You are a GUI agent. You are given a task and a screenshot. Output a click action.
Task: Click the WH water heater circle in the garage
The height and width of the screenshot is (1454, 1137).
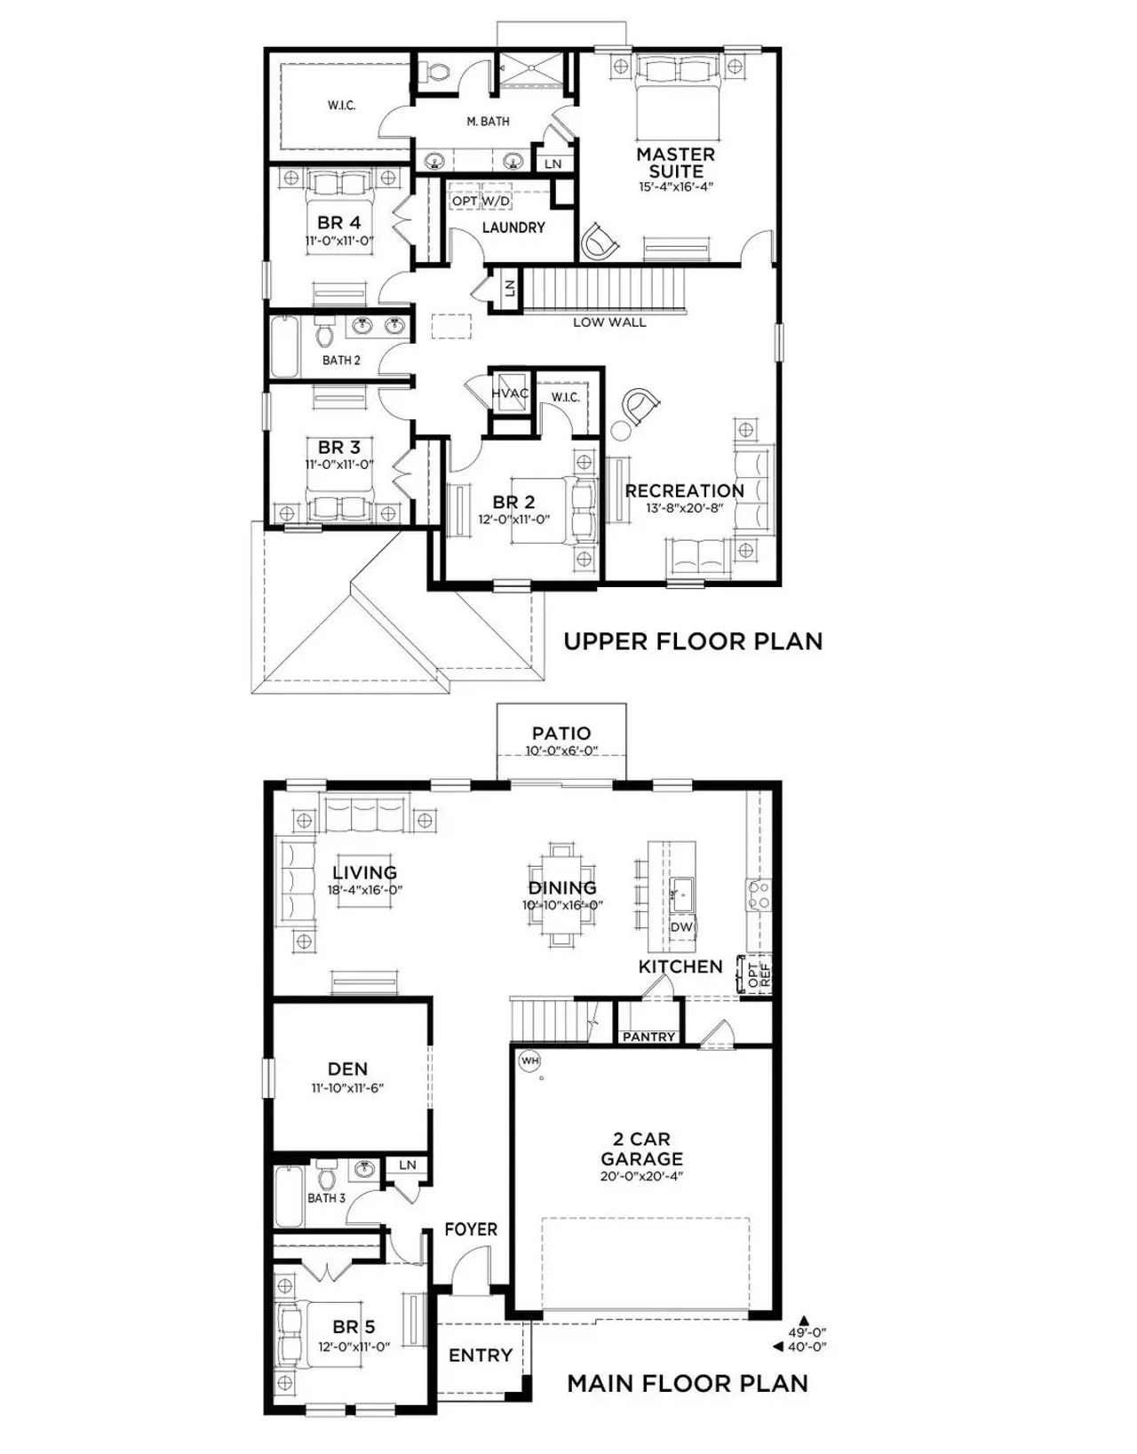(x=530, y=1060)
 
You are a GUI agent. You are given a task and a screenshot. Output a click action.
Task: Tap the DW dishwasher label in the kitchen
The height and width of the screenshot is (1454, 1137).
(x=681, y=927)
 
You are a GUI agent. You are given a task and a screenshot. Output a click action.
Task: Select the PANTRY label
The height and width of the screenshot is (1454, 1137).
(x=648, y=1037)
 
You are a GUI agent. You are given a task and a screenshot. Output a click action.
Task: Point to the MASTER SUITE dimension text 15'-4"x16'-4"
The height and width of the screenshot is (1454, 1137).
(x=676, y=187)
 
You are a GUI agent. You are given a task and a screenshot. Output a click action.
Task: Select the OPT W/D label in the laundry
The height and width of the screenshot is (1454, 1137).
(x=481, y=202)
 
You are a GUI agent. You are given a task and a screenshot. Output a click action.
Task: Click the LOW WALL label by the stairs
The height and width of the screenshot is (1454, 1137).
(x=609, y=322)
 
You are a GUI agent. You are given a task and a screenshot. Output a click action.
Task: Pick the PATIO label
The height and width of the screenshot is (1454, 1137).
(x=561, y=734)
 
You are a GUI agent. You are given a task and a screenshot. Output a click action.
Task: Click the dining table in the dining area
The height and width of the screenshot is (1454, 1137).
(x=561, y=893)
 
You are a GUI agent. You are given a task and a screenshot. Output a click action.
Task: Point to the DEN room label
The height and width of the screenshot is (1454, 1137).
(x=347, y=1069)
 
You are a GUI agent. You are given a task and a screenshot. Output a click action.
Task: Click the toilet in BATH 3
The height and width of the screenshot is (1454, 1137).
(x=326, y=1176)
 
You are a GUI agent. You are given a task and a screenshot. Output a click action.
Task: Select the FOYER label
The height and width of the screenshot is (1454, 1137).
(x=471, y=1229)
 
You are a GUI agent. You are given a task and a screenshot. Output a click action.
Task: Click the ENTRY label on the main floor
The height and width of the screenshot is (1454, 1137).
(x=481, y=1355)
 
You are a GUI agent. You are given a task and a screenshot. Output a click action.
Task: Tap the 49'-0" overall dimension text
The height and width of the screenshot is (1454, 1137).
(x=807, y=1332)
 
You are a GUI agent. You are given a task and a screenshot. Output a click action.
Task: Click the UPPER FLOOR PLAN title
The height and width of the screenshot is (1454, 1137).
(x=693, y=641)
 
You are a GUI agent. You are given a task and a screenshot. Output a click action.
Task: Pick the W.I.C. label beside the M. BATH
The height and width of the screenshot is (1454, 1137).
(x=341, y=106)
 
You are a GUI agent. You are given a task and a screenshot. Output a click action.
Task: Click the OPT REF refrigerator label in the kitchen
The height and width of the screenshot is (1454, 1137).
(x=759, y=975)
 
